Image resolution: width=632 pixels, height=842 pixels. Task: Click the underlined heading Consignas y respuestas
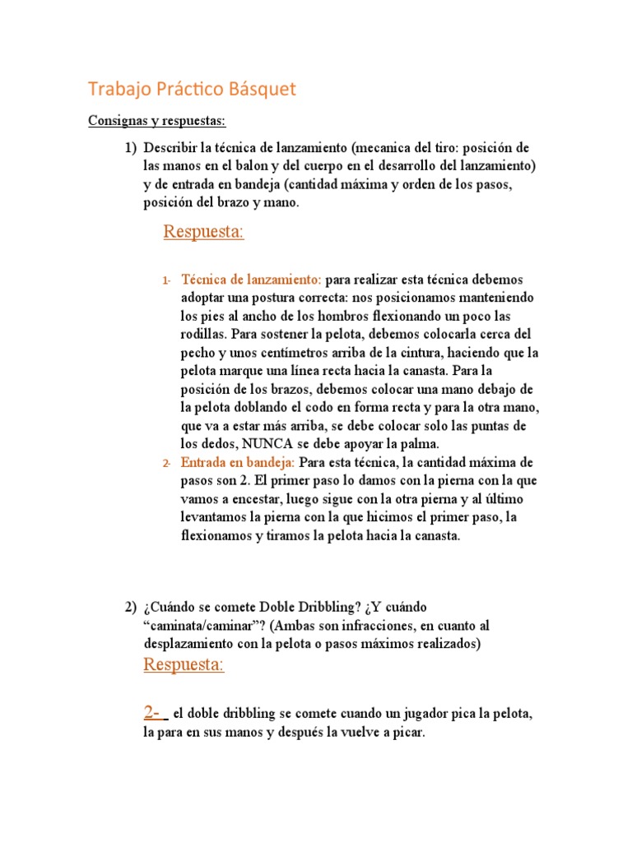156,121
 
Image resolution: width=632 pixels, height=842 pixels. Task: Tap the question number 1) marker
130,148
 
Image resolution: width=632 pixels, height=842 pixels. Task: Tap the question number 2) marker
130,608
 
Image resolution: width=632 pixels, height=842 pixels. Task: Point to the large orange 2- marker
155,713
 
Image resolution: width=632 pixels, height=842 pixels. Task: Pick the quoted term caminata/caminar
202,627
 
